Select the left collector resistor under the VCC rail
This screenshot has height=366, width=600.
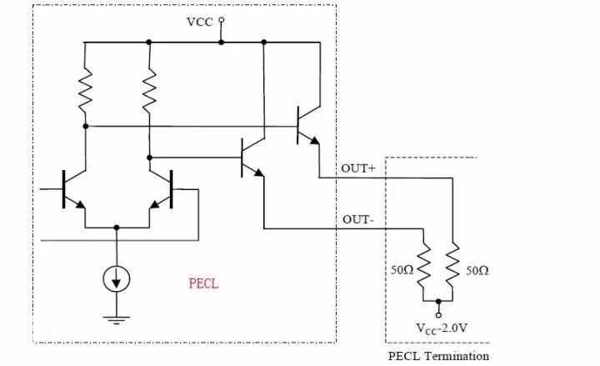coord(85,92)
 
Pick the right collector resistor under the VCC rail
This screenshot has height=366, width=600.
coord(149,92)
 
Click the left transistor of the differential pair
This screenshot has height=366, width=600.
coord(72,189)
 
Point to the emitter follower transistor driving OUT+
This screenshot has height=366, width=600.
coord(305,127)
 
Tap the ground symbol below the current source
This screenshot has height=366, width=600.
coord(117,316)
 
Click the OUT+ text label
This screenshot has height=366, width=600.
coord(359,168)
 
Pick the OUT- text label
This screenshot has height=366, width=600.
coord(357,219)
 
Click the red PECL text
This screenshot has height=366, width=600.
coord(203,283)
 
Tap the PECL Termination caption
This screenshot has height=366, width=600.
coord(438,356)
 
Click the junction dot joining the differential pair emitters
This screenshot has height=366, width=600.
coord(117,226)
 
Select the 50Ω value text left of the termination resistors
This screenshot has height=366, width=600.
coord(401,272)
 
